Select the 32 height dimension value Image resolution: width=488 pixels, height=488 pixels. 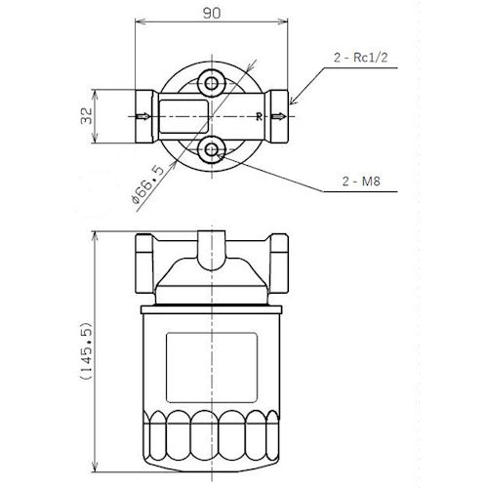pyautogui.click(x=86, y=116)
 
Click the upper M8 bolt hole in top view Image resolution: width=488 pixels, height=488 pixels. pyautogui.click(x=211, y=82)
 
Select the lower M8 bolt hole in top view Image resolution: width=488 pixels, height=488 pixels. pyautogui.click(x=211, y=148)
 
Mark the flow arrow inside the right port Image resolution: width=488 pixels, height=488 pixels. pyautogui.click(x=279, y=116)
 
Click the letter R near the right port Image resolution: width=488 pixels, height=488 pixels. pyautogui.click(x=259, y=116)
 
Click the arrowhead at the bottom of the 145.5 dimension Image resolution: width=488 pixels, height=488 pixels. pyautogui.click(x=95, y=466)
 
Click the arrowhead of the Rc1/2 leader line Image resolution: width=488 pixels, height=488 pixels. pyautogui.click(x=292, y=102)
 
